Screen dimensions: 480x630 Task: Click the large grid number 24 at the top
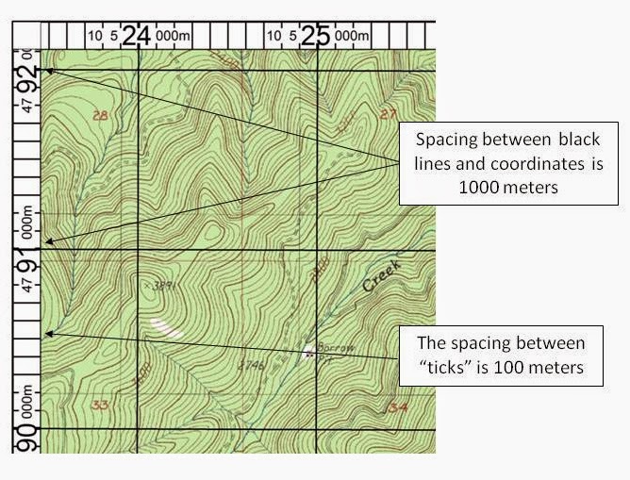136,35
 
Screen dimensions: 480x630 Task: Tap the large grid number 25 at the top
317,35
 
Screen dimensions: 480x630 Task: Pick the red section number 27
388,114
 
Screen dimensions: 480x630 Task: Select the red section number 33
98,405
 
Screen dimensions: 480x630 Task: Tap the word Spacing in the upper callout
448,139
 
